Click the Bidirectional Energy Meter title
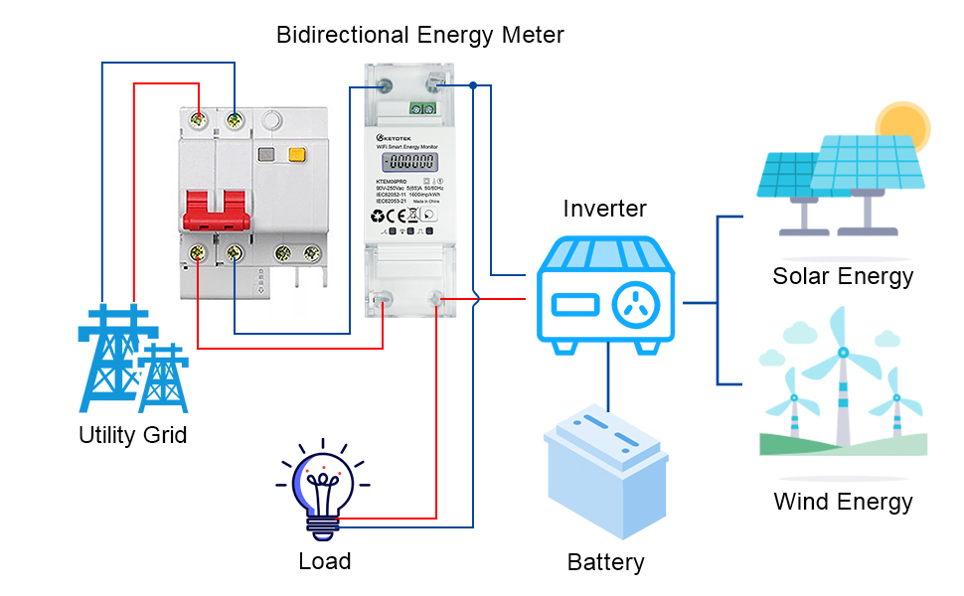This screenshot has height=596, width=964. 419,36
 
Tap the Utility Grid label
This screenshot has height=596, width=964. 132,435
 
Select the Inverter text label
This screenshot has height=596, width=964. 604,209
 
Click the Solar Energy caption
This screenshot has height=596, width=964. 843,276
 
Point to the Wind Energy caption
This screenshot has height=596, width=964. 843,502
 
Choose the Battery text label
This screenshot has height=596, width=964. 605,562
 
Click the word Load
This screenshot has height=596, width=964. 324,561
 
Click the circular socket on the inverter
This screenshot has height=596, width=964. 635,306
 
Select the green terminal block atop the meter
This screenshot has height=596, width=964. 425,107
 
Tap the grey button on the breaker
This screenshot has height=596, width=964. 265,155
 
